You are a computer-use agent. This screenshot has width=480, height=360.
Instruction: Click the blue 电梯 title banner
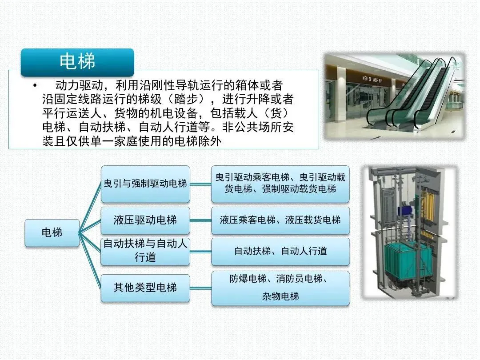pyautogui.click(x=77, y=62)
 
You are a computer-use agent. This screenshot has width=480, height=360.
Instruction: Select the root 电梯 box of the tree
pyautogui.click(x=52, y=232)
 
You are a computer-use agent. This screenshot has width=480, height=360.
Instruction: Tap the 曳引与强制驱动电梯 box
pyautogui.click(x=145, y=184)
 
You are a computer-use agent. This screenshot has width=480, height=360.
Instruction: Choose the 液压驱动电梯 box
pyautogui.click(x=145, y=220)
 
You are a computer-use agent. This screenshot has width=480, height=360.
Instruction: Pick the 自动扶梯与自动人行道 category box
pyautogui.click(x=145, y=251)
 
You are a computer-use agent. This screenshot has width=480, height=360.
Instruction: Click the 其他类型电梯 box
pyautogui.click(x=145, y=288)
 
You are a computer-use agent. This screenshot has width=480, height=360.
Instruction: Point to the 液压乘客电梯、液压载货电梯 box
pyautogui.click(x=280, y=220)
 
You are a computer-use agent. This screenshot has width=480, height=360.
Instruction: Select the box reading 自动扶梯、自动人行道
pyautogui.click(x=280, y=251)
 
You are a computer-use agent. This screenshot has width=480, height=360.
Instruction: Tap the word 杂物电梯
pyautogui.click(x=280, y=296)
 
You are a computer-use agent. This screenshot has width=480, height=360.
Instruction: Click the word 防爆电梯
pyautogui.click(x=248, y=279)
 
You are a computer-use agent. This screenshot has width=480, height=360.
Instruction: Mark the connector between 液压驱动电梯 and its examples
pyautogui.click(x=200, y=220)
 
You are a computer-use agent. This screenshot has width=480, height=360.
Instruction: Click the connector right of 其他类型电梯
pyautogui.click(x=200, y=288)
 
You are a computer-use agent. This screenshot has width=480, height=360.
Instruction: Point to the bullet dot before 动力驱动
pyautogui.click(x=35, y=85)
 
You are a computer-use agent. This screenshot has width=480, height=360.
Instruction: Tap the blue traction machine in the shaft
pyautogui.click(x=405, y=211)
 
